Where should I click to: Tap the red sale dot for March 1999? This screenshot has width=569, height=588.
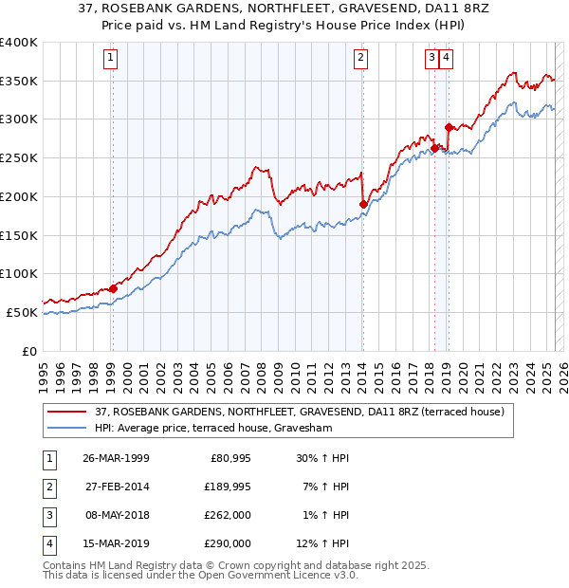pos(113,288)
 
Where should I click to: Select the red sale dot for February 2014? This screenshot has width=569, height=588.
pos(363,204)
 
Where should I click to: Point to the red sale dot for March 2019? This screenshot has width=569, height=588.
pos(449,127)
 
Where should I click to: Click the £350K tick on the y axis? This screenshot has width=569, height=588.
pos(20,82)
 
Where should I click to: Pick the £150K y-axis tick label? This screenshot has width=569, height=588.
pos(20,235)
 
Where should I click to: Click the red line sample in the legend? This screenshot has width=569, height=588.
pos(66,412)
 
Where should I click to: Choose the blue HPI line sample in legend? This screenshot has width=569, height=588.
pos(66,428)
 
